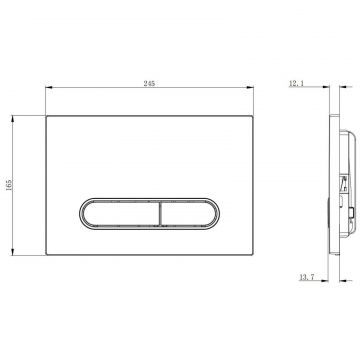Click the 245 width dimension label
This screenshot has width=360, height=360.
pyautogui.click(x=149, y=84)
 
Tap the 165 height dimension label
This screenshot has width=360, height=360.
pyautogui.click(x=9, y=185)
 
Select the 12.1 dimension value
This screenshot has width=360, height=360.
pyautogui.click(x=296, y=84)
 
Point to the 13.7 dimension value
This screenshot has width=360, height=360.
pyautogui.click(x=307, y=277)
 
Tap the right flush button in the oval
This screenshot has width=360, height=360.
pyautogui.click(x=188, y=214)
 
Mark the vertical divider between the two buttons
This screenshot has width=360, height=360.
pyautogui.click(x=160, y=214)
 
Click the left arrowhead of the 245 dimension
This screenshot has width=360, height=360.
pyautogui.click(x=49, y=87)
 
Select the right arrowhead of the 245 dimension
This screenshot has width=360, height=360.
pyautogui.click(x=250, y=87)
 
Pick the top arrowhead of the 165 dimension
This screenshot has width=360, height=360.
pyautogui.click(x=13, y=119)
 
